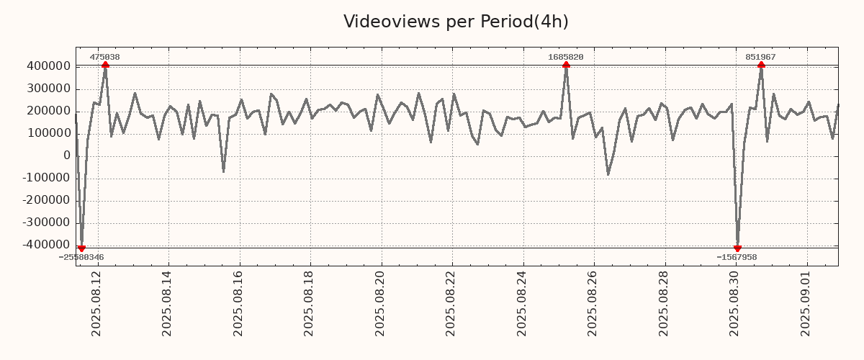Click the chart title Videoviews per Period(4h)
coord(456,22)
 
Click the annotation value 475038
coord(104,57)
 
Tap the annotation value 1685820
coord(566,57)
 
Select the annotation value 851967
coord(760,57)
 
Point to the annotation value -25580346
coord(81,257)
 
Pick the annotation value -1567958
coord(737,257)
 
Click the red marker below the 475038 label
coord(105,65)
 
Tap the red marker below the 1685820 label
coord(566,65)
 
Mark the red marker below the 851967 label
coord(761,65)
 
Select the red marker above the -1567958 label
coord(737,248)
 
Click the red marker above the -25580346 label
coord(81,248)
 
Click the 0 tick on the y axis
coord(67,156)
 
